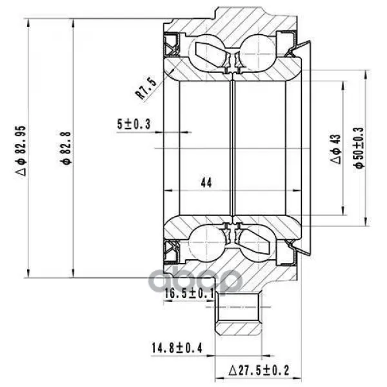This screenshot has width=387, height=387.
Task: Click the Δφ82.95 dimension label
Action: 21,151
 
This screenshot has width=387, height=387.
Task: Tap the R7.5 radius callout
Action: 146,88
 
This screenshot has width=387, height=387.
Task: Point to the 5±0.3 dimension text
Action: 134,124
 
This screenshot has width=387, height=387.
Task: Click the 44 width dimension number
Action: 206,183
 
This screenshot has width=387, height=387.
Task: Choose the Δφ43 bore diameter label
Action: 335,149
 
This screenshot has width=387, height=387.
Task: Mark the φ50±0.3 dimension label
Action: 359,148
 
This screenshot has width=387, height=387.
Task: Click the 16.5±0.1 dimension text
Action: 189,293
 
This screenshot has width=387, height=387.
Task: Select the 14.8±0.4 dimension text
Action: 177,348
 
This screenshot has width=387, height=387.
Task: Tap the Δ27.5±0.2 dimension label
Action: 259,370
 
